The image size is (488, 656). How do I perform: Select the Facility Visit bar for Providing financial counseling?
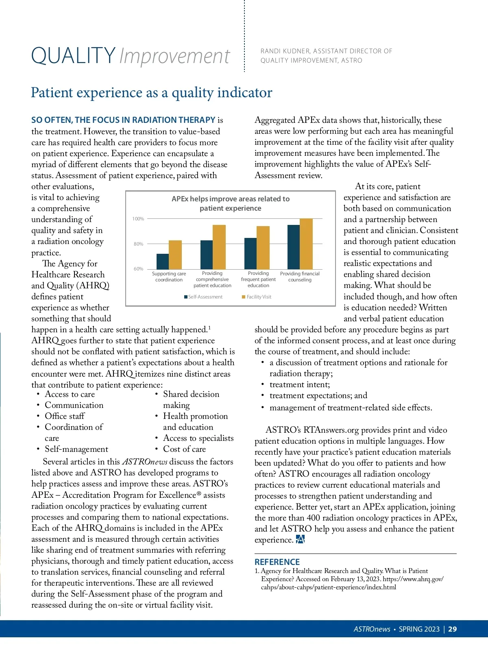[306, 244]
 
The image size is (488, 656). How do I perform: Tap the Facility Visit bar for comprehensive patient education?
[219, 247]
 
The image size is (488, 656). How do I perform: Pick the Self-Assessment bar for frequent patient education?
[251, 253]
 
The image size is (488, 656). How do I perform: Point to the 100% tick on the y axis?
[138, 219]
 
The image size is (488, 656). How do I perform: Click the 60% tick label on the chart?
[138, 269]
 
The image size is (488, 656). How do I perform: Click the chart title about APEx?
[231, 203]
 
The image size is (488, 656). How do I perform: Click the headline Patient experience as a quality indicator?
[151, 93]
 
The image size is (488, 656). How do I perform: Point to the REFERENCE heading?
[277, 562]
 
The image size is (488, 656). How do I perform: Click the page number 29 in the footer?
[452, 629]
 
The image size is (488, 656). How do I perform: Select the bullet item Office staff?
[65, 416]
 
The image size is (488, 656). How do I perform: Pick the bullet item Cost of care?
[184, 449]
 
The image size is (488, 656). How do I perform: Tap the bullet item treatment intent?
[300, 384]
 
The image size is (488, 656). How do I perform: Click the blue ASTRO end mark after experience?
[300, 539]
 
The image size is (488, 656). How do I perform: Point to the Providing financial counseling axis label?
[300, 277]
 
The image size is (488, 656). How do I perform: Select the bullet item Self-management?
[76, 449]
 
